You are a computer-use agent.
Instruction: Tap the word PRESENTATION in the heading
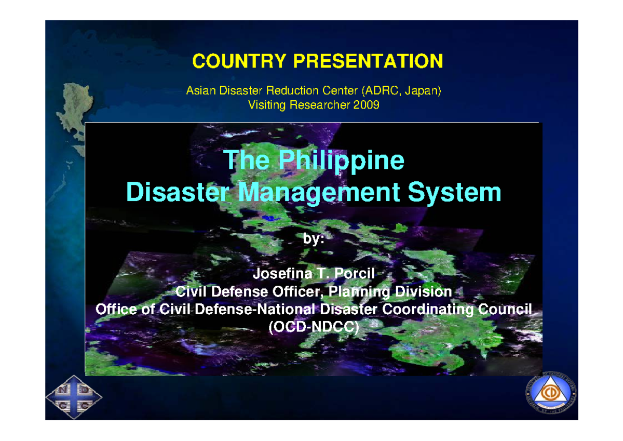tap(369, 61)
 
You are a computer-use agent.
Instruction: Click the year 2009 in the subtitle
tap(367, 105)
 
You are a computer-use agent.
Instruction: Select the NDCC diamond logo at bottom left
tap(74, 398)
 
